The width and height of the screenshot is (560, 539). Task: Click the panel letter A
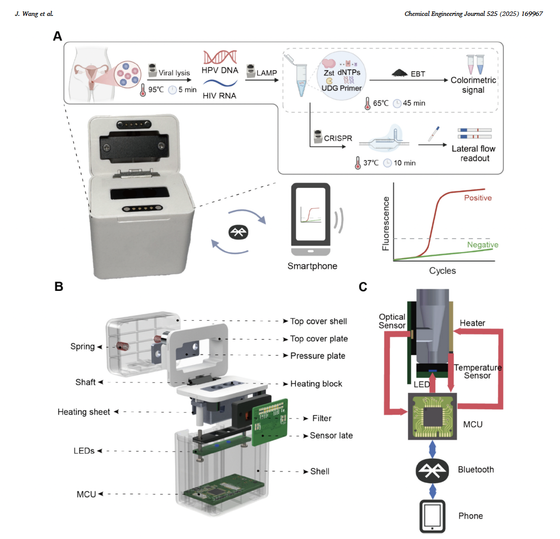(58, 36)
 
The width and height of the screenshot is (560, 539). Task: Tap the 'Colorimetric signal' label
(473, 85)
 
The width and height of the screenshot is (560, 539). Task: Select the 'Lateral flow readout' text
(473, 153)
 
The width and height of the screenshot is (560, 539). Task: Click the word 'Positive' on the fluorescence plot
(477, 198)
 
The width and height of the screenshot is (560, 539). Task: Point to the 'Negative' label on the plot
(482, 245)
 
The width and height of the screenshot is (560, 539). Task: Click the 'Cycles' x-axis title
(442, 270)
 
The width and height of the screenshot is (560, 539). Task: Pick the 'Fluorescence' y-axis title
(386, 223)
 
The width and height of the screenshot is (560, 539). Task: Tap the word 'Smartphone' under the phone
(312, 266)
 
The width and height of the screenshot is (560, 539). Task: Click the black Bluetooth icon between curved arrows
(239, 232)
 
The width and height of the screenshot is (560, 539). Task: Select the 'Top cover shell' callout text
(318, 321)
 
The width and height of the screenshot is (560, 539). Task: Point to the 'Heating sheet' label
(84, 412)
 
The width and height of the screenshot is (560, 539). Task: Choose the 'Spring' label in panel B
(82, 347)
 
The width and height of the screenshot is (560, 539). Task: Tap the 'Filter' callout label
(322, 418)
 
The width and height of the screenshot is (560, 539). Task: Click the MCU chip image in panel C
(432, 416)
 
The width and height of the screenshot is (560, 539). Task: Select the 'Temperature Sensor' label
(477, 371)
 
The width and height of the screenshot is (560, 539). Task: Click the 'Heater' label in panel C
(472, 323)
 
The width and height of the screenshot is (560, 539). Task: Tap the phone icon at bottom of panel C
(432, 516)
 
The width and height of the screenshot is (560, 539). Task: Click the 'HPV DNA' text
(220, 70)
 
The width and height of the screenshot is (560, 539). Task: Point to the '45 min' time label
(414, 103)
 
